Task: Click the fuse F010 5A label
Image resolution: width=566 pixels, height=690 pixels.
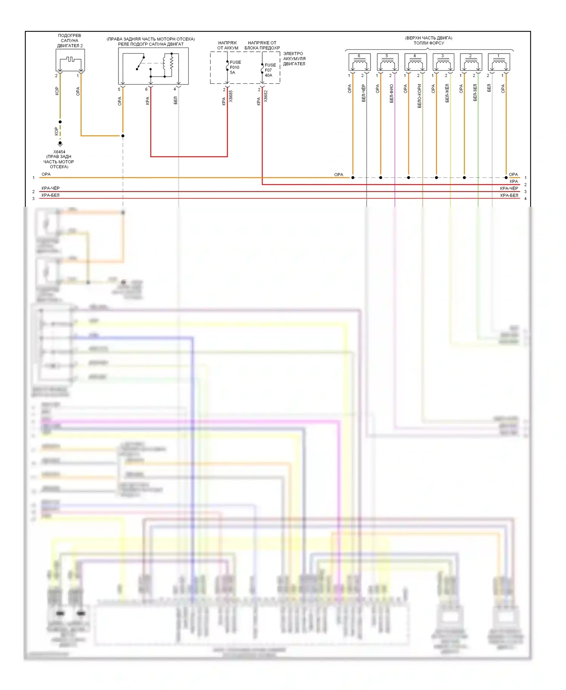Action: coord(235,68)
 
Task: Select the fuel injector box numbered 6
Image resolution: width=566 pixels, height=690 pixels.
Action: coord(359,62)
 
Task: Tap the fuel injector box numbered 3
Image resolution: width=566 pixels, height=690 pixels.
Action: coord(443,62)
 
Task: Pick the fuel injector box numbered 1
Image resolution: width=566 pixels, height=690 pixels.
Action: coord(499,62)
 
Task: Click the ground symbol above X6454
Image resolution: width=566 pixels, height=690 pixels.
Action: coord(60,144)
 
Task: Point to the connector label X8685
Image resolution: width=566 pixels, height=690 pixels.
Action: coord(231,96)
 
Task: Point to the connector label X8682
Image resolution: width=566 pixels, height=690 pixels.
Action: coord(266,96)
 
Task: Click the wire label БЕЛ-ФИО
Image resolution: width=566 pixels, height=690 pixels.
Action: coord(391,93)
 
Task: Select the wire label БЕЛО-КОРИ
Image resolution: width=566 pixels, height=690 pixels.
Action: coord(419,96)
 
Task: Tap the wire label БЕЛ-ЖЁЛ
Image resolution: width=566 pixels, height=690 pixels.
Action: coord(447,93)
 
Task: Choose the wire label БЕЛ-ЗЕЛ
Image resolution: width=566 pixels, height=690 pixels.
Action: coord(475,92)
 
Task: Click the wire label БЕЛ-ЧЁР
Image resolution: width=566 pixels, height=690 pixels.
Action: coord(363,93)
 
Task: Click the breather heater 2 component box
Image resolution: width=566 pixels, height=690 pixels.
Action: coord(70,60)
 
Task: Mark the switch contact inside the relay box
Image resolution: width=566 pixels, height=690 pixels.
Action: coord(140,63)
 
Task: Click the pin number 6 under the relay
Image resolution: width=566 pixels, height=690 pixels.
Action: coord(146,89)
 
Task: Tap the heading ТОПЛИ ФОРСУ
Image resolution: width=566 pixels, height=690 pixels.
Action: coord(429,43)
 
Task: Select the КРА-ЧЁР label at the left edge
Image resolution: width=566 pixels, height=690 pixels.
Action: coord(51,188)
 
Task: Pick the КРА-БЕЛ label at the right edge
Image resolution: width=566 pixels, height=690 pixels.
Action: coord(509,195)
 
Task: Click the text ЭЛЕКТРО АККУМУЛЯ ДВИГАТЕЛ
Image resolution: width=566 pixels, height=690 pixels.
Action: coord(294,59)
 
